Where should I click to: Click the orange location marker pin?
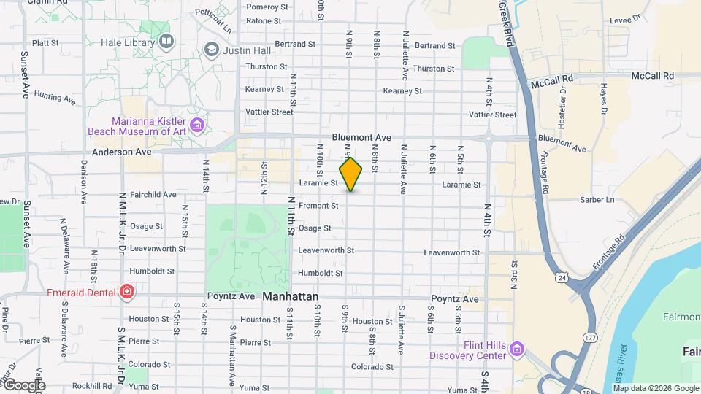tap(350, 174)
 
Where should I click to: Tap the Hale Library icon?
tap(167, 42)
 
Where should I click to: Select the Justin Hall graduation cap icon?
tap(212, 50)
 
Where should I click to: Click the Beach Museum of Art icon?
tap(196, 125)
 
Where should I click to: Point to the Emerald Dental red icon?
tap(128, 293)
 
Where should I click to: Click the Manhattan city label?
tap(290, 297)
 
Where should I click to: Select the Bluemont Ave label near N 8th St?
tap(361, 137)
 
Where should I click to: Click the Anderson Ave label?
tap(121, 152)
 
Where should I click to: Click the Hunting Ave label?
tap(55, 97)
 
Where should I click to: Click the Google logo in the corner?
tap(23, 385)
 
